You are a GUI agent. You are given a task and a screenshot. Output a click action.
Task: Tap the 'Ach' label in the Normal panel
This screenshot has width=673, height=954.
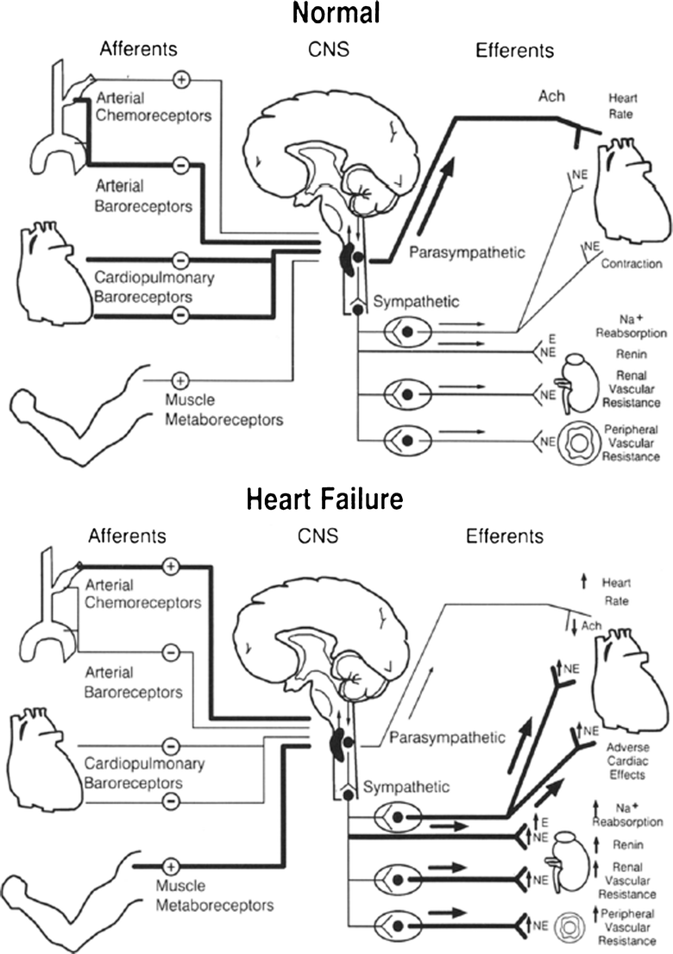point(550,95)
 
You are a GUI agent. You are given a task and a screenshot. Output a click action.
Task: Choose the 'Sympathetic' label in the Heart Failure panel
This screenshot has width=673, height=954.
point(406,787)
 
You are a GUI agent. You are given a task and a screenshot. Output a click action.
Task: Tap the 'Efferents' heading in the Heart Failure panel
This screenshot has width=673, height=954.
point(505,536)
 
